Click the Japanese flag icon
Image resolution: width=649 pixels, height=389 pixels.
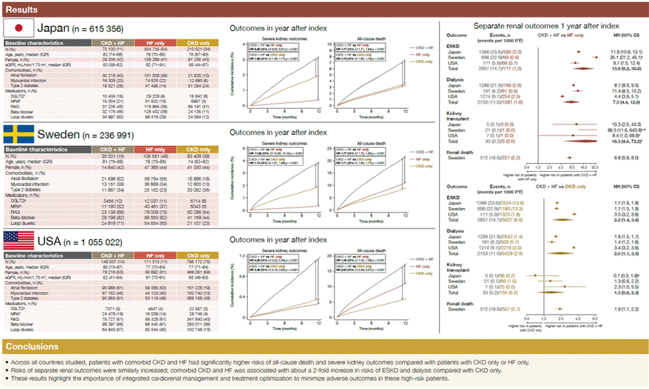19,28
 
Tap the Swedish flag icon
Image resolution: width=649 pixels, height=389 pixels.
19,134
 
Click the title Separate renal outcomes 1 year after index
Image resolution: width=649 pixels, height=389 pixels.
543,25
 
